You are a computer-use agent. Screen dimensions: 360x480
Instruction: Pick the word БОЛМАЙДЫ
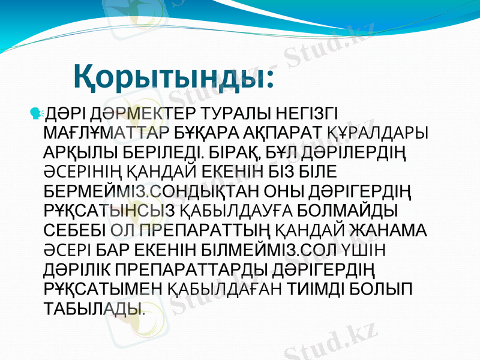pyautogui.click(x=350, y=211)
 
